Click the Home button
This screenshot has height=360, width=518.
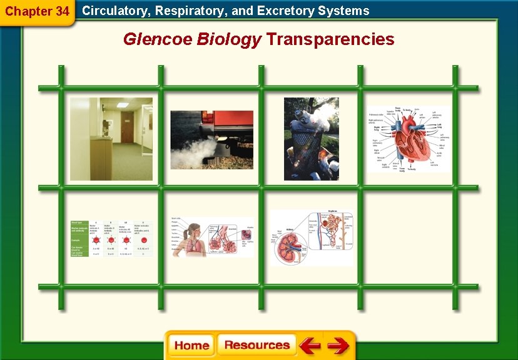[191, 346]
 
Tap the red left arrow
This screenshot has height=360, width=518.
[310, 346]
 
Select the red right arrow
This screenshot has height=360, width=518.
[338, 346]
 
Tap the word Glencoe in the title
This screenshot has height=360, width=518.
[158, 39]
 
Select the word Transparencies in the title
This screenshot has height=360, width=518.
[330, 39]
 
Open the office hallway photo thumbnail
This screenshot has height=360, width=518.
[111, 139]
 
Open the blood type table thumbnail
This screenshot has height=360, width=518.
[111, 238]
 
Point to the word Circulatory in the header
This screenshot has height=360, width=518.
[115, 11]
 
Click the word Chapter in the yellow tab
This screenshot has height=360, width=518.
[28, 11]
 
